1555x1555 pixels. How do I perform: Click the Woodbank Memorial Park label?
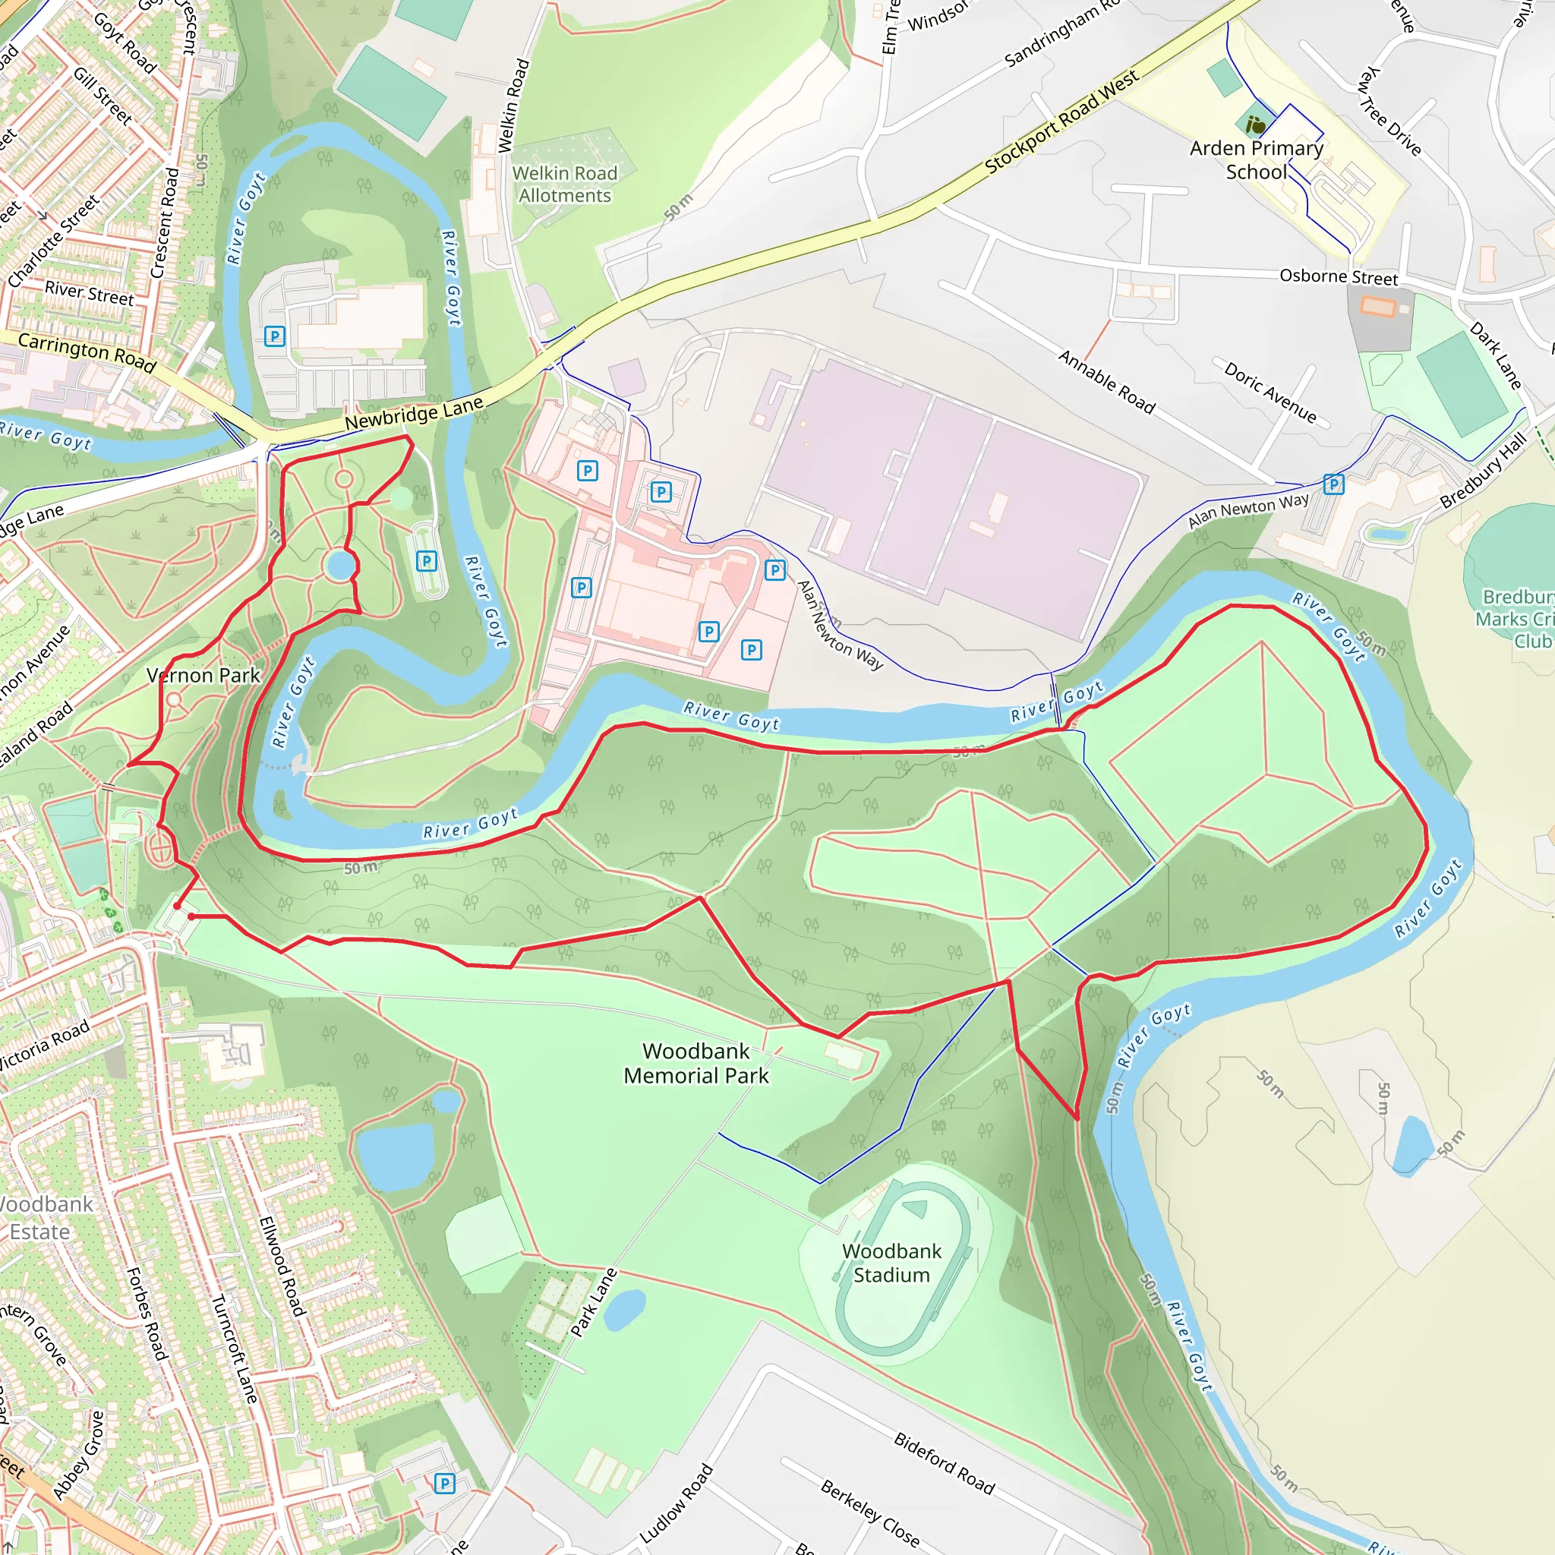tap(696, 1063)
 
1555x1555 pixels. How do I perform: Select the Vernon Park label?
tap(203, 675)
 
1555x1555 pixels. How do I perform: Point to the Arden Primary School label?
tap(1257, 159)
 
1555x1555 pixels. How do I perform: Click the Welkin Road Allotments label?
tap(565, 185)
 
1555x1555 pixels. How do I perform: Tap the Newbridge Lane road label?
tap(414, 412)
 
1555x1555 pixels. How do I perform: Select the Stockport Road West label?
tap(1061, 121)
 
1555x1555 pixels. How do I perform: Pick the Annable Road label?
tap(1107, 381)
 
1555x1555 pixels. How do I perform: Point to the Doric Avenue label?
tap(1270, 393)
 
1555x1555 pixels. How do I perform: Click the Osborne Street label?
tap(1339, 276)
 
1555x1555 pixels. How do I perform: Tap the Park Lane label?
tap(594, 1302)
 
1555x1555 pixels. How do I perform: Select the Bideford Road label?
tap(944, 1462)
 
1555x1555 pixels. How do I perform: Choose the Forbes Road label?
tap(147, 1314)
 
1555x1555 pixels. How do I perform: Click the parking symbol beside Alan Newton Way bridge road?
tap(1333, 484)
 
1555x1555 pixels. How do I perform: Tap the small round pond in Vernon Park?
tap(341, 566)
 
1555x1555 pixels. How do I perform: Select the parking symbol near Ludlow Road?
tap(444, 1484)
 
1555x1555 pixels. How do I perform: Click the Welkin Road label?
tap(513, 106)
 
